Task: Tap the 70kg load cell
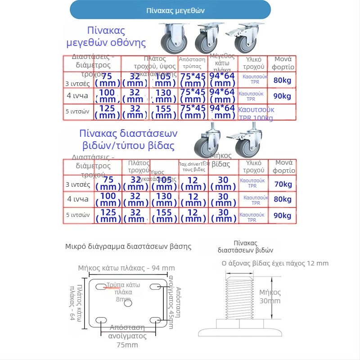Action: (x=282, y=184)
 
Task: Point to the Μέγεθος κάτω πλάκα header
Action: (x=222, y=63)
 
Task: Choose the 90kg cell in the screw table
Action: (x=282, y=216)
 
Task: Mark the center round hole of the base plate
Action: (x=128, y=303)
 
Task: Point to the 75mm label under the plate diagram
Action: (x=127, y=345)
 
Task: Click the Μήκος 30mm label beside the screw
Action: (x=270, y=297)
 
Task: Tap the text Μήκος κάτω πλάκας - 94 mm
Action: (x=126, y=268)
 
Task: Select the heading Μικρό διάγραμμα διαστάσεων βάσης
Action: (x=128, y=247)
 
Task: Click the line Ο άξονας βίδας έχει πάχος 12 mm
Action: (x=275, y=263)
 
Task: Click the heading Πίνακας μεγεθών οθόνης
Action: (x=106, y=37)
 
